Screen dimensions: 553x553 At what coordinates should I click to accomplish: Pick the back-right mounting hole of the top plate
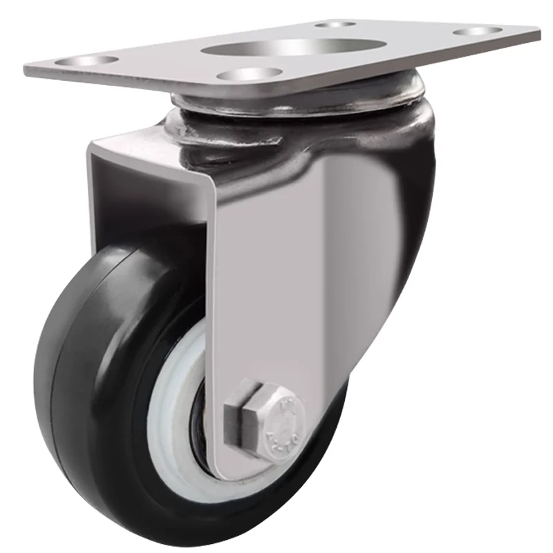pos(478,31)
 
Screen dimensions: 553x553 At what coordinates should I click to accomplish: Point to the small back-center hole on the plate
pos(335,24)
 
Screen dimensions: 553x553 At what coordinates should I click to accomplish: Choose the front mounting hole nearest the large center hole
pos(248,73)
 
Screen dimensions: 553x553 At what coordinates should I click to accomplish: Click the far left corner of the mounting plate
pos(28,69)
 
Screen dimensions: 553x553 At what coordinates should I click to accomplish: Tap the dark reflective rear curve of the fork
pos(415,207)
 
